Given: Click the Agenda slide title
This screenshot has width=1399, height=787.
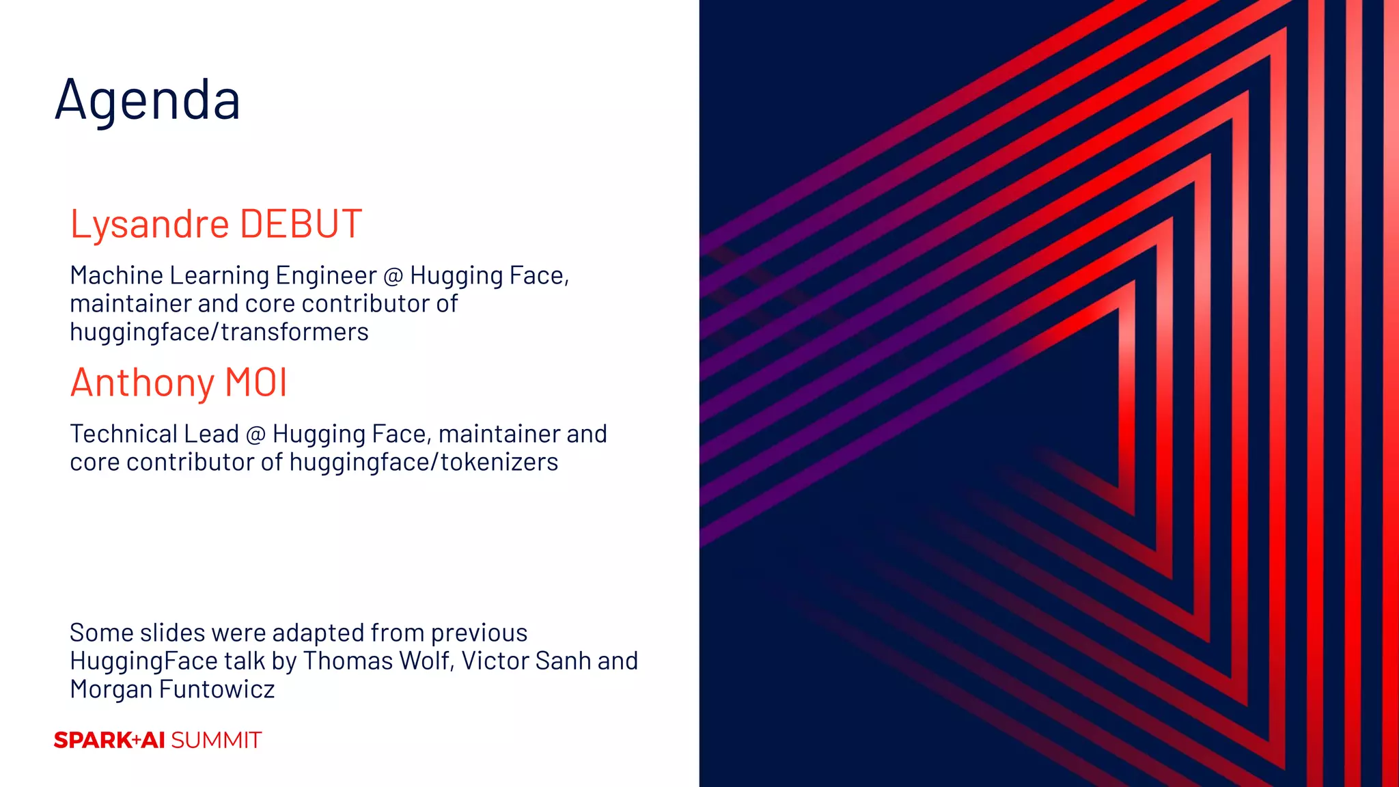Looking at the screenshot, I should [x=148, y=100].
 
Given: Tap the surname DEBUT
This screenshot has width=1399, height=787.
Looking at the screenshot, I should [x=301, y=224].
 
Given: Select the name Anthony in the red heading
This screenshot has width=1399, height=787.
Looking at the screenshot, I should [x=142, y=383].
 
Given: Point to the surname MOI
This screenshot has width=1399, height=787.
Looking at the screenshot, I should [x=256, y=383].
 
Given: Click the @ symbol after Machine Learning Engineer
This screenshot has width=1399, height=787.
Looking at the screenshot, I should [x=393, y=276].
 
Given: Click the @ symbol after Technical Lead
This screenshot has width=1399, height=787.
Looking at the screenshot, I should [x=255, y=434].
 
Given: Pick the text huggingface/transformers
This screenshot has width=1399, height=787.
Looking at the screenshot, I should [x=219, y=332].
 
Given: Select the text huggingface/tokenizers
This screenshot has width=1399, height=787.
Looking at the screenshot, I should [x=424, y=462].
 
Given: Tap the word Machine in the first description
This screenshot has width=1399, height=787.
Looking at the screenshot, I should [x=116, y=275].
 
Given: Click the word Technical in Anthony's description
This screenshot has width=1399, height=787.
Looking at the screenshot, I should [x=120, y=434].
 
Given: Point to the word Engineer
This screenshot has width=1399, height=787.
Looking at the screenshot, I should [x=326, y=276].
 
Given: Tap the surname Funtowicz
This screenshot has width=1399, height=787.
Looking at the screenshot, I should [x=217, y=689].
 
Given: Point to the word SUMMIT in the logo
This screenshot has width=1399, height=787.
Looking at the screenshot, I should [x=216, y=741].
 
